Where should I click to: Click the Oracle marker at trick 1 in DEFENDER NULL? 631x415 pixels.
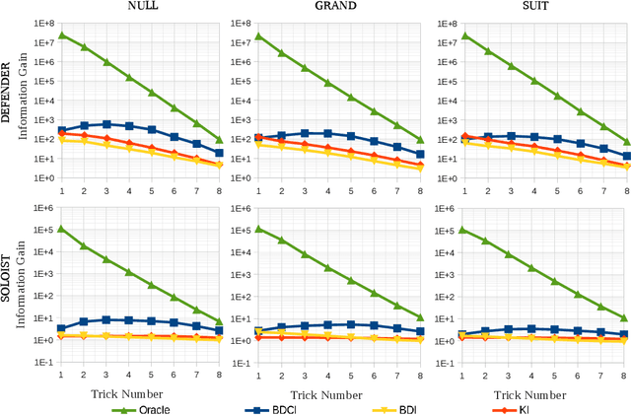coord(61,35)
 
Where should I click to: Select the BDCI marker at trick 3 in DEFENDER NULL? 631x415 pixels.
coord(106,124)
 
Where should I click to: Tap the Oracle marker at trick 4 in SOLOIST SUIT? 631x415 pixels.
coord(531,267)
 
